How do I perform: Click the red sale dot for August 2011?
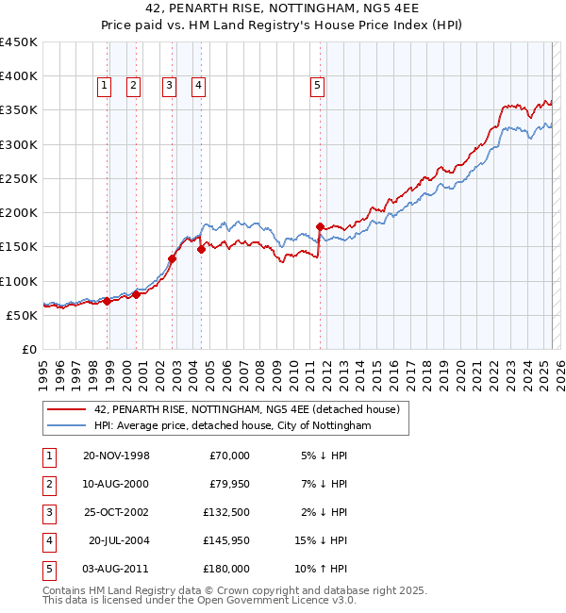(320, 226)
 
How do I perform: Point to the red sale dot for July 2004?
(201, 250)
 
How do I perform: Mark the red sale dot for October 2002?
(173, 258)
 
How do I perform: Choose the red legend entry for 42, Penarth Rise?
(247, 409)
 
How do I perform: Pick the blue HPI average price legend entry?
(232, 426)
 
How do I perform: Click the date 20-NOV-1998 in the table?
(116, 456)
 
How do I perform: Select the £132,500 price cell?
(226, 512)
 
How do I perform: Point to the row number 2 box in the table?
(48, 484)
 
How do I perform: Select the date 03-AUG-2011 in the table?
(116, 569)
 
